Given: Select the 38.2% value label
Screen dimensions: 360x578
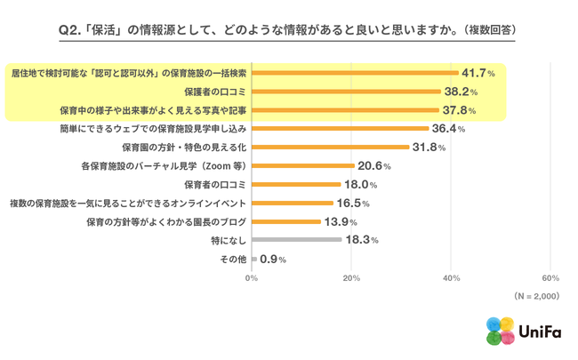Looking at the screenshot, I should pyautogui.click(x=462, y=92).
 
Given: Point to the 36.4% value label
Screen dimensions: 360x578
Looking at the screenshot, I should pyautogui.click(x=449, y=129).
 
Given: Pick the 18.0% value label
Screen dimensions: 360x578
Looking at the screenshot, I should pyautogui.click(x=360, y=185).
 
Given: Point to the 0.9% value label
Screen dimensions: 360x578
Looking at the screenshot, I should pyautogui.click(x=272, y=259).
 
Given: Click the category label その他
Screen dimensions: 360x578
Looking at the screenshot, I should pyautogui.click(x=232, y=259).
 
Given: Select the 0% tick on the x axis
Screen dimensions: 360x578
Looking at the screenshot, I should pyautogui.click(x=252, y=278).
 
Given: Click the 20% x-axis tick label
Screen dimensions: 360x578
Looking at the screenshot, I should pyautogui.click(x=351, y=278).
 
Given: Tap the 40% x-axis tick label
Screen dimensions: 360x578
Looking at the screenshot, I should pyautogui.click(x=451, y=278).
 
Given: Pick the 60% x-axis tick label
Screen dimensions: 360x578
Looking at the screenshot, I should pyautogui.click(x=550, y=278).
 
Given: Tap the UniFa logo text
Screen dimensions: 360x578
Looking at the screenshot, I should pyautogui.click(x=537, y=331).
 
